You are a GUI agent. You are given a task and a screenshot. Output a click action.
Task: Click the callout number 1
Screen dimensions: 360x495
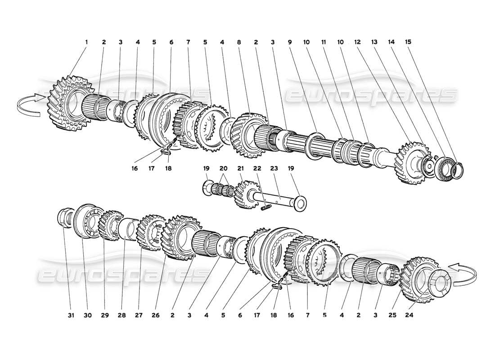(x=86, y=42)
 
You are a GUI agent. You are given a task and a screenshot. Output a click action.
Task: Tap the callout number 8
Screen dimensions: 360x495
(x=239, y=42)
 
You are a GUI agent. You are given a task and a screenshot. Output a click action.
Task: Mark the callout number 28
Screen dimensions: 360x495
(x=121, y=316)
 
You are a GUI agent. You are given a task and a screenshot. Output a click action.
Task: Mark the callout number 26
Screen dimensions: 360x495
(x=156, y=316)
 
